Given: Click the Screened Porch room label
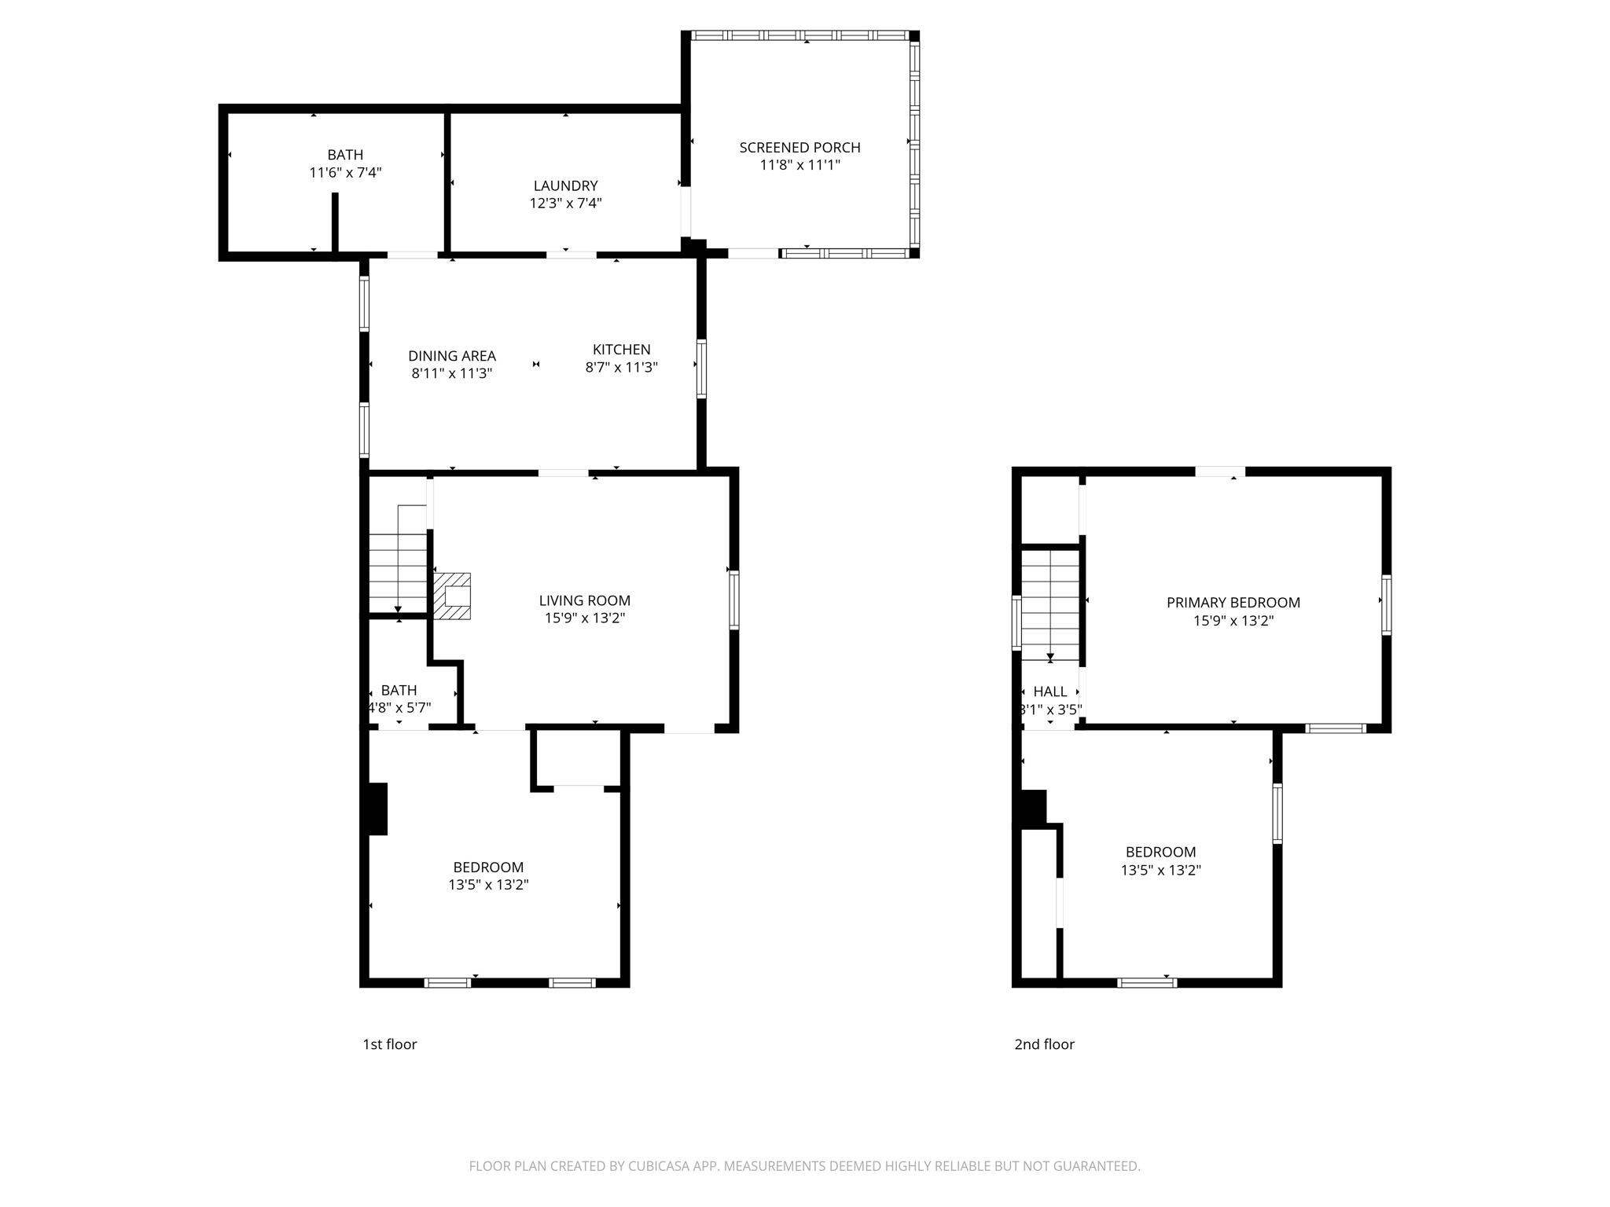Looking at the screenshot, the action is pos(799,147).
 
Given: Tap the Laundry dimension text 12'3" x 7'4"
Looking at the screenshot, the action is pos(566,203).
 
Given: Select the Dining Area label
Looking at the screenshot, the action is pos(452,356).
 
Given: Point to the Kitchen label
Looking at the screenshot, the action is pos(621,349).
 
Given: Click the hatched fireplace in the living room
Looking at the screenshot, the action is pos(452,596).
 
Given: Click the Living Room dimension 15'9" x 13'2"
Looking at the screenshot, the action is pos(585,618).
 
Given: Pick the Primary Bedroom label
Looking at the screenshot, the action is pos(1233,603).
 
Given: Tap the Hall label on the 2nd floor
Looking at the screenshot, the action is pos(1050,692).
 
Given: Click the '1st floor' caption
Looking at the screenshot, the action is pos(390,1044).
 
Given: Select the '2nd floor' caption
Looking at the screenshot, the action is pos(1044,1044).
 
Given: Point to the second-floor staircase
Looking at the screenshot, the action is pos(1050,605).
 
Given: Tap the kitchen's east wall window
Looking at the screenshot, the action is pos(701,369).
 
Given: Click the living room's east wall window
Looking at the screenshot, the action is pos(734,600).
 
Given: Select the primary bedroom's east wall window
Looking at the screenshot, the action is pos(1386,605).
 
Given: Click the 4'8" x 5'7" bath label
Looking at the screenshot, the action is pos(399,699).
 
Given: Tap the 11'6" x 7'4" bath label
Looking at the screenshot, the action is pos(345,163).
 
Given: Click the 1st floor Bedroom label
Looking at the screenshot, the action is pos(488,867).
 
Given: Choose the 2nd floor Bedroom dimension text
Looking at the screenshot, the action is pos(1161,870).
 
